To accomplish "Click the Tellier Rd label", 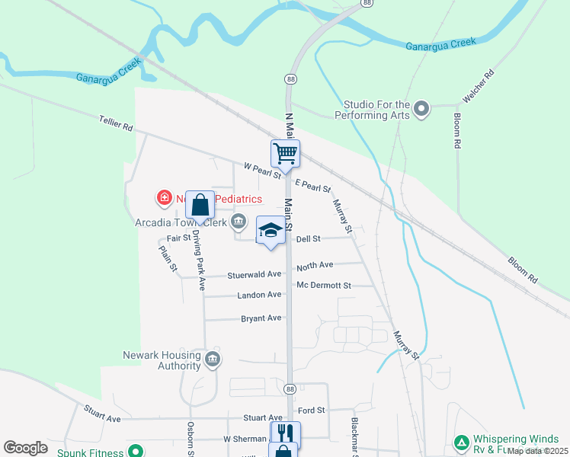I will coord(116,121).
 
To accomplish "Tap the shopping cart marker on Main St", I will coord(285,153).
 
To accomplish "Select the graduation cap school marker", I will coord(270,231).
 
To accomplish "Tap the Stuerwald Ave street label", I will coord(255,274).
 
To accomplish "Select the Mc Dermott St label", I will coord(324,286).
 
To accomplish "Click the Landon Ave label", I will coord(260,295).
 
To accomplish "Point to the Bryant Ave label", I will coord(261,318).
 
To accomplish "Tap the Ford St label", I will coord(312,410).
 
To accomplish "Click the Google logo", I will coord(25,447).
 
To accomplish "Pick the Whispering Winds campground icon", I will coord(460,443).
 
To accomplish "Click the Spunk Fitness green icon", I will coord(136,452).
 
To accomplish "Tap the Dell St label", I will coord(309,238).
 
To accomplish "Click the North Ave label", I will coord(315,266).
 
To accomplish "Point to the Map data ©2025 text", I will coord(538,451).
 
